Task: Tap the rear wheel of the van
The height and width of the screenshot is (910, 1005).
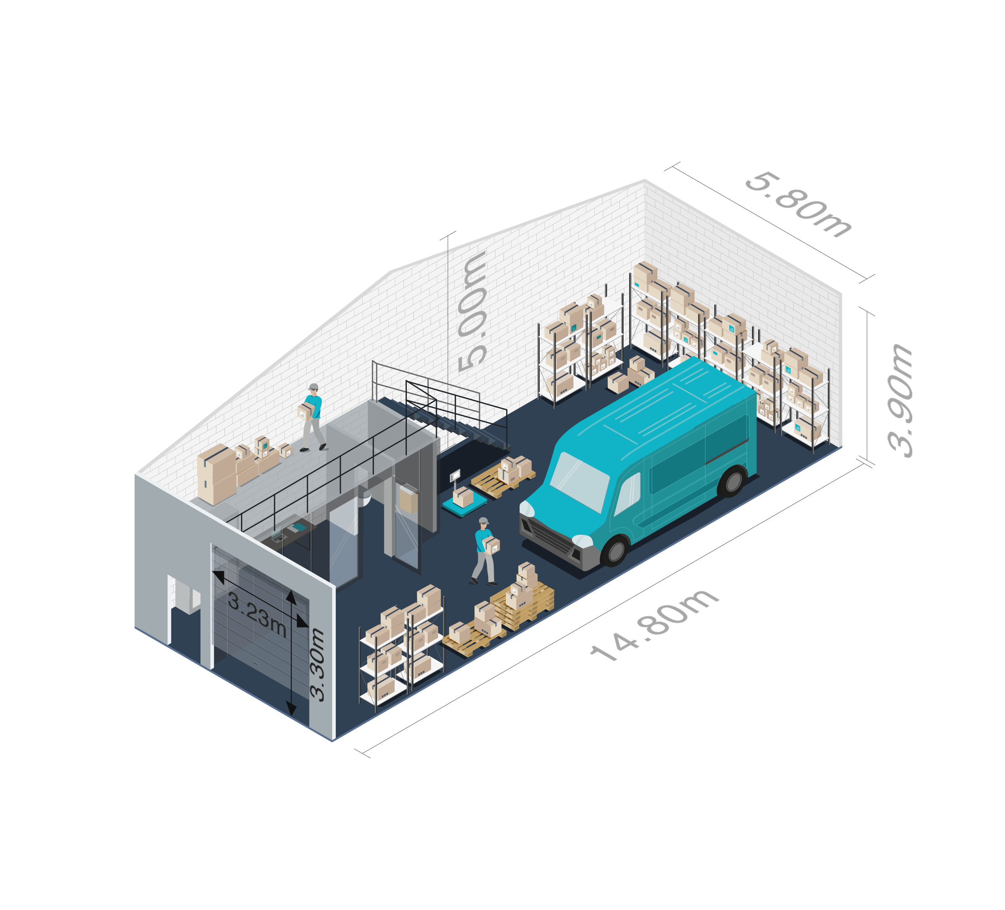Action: (733, 482)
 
